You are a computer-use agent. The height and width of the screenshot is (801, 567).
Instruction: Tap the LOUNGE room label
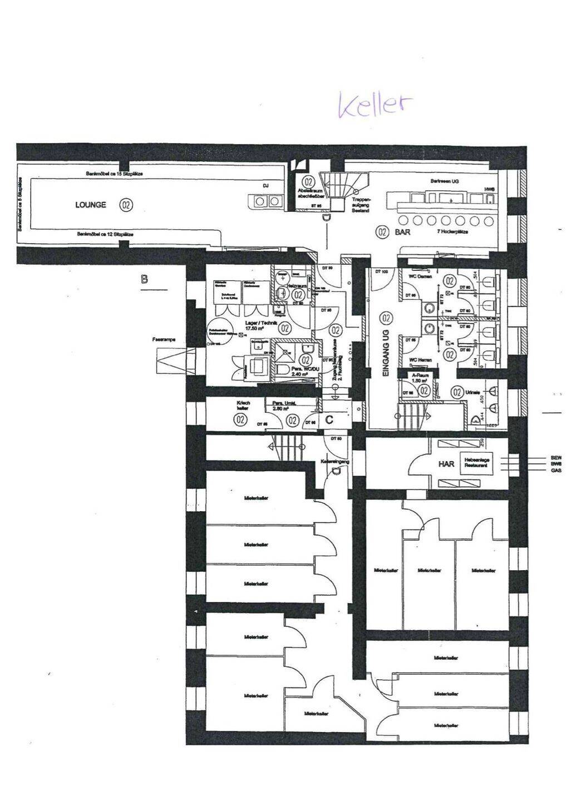pyautogui.click(x=91, y=205)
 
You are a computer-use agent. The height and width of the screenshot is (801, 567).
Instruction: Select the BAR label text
pyautogui.click(x=402, y=232)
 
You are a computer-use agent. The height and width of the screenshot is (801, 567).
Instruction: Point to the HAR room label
pyautogui.click(x=446, y=463)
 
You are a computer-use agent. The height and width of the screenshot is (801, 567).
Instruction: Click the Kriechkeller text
pyautogui.click(x=243, y=406)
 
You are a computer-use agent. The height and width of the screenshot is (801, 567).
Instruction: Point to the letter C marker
pyautogui.click(x=329, y=419)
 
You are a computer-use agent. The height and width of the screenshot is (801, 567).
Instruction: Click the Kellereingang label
pyautogui.click(x=335, y=462)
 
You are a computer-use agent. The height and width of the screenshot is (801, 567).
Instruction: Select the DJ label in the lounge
pyautogui.click(x=265, y=186)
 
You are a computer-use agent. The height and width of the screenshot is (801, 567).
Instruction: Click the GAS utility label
pyautogui.click(x=556, y=471)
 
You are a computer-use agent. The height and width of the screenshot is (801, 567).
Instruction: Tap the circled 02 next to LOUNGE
pyautogui.click(x=126, y=205)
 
